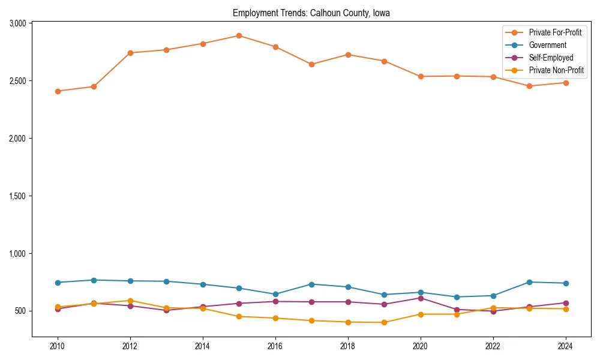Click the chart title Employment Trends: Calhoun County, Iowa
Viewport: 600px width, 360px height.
(311, 13)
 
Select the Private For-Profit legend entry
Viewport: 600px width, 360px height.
(555, 32)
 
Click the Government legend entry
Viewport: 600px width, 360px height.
(547, 45)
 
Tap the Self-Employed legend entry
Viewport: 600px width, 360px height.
(551, 58)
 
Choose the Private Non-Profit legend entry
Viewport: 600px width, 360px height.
(556, 70)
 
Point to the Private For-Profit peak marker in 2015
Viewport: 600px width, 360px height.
(239, 35)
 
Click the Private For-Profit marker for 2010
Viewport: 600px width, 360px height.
(58, 91)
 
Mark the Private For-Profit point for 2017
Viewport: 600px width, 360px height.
(311, 64)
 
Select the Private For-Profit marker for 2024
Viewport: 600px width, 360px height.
(565, 83)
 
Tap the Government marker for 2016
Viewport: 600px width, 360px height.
(275, 295)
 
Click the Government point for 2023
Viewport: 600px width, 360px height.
(529, 282)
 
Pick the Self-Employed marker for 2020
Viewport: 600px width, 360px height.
(421, 298)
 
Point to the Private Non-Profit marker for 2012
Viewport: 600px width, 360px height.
(130, 301)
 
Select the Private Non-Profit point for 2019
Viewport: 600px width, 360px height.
(384, 322)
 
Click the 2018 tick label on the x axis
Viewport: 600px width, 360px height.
(348, 346)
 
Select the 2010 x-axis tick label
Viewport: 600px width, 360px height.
(58, 346)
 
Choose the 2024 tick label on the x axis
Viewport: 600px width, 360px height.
(565, 346)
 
